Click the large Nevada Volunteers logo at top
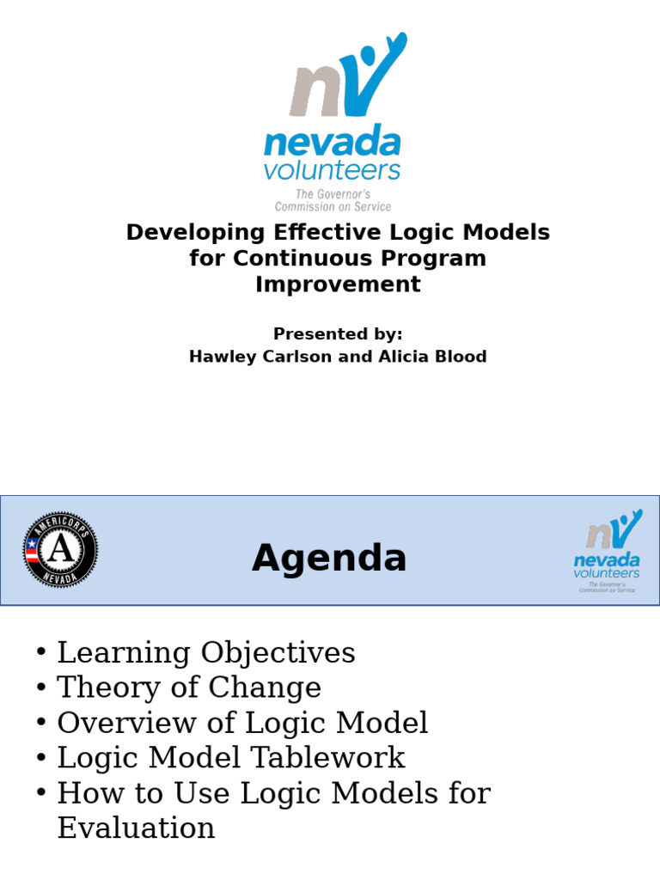tap(333, 120)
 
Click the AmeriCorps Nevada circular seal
tap(59, 550)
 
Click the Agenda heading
tap(329, 559)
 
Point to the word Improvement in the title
tap(338, 284)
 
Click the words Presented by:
tap(338, 333)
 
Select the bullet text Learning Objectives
tap(205, 653)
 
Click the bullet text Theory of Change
tap(188, 687)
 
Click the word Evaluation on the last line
tap(136, 828)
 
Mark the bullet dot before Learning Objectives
tap(41, 653)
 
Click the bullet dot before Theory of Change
tap(41, 687)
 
